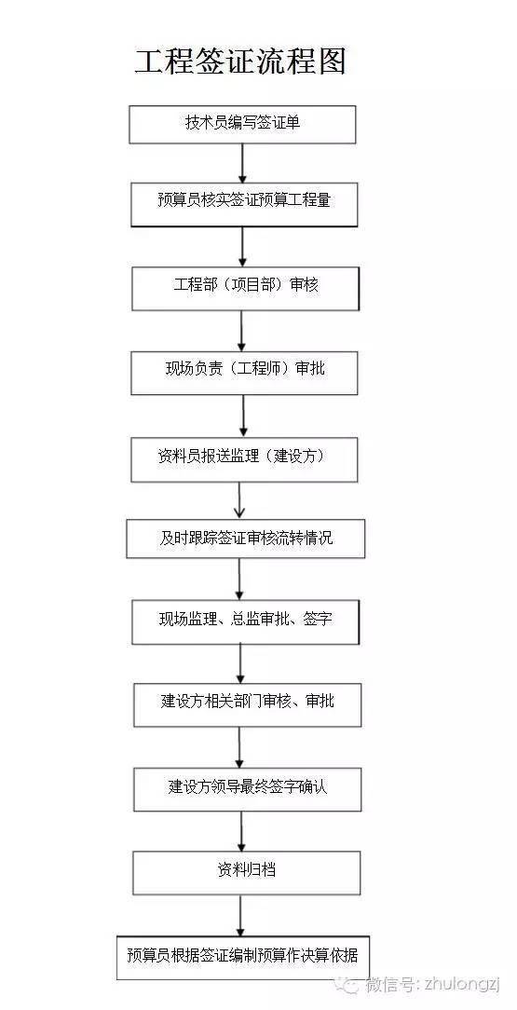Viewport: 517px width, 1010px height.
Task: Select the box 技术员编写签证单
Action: [x=242, y=124]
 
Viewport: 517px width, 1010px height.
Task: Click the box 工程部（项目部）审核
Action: [x=245, y=288]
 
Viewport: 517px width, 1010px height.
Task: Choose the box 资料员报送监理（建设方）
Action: [x=244, y=459]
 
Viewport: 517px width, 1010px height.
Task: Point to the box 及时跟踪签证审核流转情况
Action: [x=245, y=539]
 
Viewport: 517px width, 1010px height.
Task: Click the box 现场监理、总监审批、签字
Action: [x=245, y=621]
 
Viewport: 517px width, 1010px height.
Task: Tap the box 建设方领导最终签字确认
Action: [x=247, y=788]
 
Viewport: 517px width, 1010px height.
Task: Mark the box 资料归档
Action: [x=246, y=872]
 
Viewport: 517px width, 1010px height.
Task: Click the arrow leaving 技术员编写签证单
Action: [x=242, y=163]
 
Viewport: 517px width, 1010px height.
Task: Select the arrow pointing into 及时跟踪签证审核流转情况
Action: [x=240, y=500]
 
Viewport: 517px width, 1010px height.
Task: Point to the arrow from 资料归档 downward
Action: [x=241, y=915]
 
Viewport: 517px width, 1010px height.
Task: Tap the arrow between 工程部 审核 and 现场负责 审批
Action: [x=242, y=330]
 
